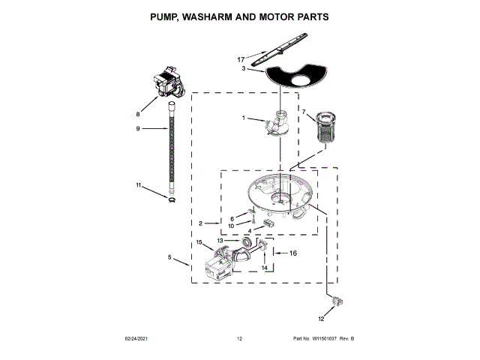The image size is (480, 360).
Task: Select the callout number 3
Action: (x=244, y=68)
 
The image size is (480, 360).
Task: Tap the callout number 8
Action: (x=137, y=114)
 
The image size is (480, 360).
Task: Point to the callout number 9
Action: (x=137, y=129)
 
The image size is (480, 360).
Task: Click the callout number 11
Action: (x=138, y=184)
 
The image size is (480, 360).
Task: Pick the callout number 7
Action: (x=304, y=113)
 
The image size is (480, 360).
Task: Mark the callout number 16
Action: (x=293, y=253)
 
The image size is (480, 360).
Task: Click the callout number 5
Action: (x=170, y=258)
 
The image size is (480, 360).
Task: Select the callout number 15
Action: (x=199, y=242)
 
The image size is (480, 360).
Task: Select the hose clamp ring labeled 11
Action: (x=172, y=199)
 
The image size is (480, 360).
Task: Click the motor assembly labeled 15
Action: (x=219, y=268)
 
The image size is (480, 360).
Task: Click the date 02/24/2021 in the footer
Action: (x=139, y=340)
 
